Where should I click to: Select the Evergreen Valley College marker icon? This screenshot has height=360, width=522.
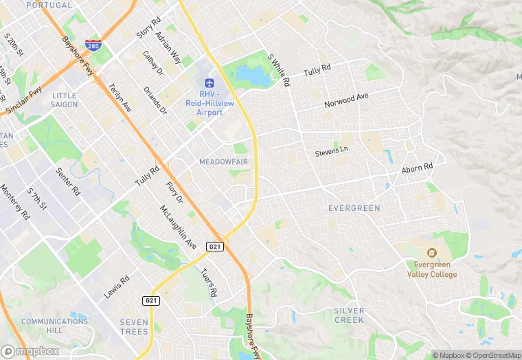point(431,252)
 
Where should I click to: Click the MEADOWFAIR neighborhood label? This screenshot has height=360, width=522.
point(223,161)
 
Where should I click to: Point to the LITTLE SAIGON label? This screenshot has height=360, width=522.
point(64,100)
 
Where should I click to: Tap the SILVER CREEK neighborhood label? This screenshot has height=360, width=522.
point(349,315)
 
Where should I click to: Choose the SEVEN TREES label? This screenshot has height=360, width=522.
point(133,327)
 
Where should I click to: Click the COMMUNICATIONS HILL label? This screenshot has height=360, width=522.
point(54,326)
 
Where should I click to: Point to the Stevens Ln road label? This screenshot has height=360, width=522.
point(332,150)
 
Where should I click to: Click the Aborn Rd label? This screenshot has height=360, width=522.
point(418,168)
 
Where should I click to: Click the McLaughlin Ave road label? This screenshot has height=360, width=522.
point(178,227)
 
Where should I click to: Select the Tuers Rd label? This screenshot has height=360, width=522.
point(209,282)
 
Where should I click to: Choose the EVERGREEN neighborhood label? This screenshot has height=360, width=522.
point(354,207)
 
